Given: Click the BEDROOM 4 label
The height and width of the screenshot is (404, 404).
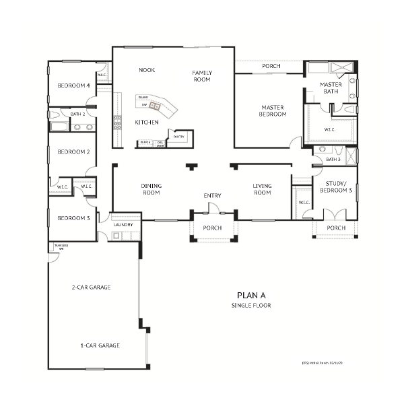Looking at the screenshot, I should click(x=74, y=86).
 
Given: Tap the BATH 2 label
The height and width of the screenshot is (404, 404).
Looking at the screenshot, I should click(x=78, y=114).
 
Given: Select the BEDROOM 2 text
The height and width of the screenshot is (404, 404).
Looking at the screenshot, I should click(x=73, y=151).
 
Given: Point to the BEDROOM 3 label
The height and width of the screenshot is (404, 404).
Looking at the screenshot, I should click(x=73, y=218).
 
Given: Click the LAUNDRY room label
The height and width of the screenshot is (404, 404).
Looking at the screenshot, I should click(x=123, y=225).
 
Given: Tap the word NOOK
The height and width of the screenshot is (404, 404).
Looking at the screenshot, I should click(x=147, y=70).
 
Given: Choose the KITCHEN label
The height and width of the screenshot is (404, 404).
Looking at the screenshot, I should click(x=146, y=122).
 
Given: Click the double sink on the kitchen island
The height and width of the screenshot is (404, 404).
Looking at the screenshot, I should click(x=155, y=106).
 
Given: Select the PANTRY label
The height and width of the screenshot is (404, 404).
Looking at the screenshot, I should click(x=178, y=137).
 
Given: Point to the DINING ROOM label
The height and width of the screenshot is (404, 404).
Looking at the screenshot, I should click(x=151, y=189).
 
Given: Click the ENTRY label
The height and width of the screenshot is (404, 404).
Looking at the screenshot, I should click(x=212, y=196).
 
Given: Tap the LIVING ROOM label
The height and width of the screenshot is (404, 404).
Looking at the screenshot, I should click(x=262, y=189).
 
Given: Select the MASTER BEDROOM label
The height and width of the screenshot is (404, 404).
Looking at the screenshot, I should click(x=273, y=110).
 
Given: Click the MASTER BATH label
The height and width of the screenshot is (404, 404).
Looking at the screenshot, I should click(x=331, y=88).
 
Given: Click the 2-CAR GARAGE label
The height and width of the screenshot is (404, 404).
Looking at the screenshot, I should click(x=91, y=287).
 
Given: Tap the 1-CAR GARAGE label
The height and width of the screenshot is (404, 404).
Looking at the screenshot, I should click(x=100, y=345).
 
